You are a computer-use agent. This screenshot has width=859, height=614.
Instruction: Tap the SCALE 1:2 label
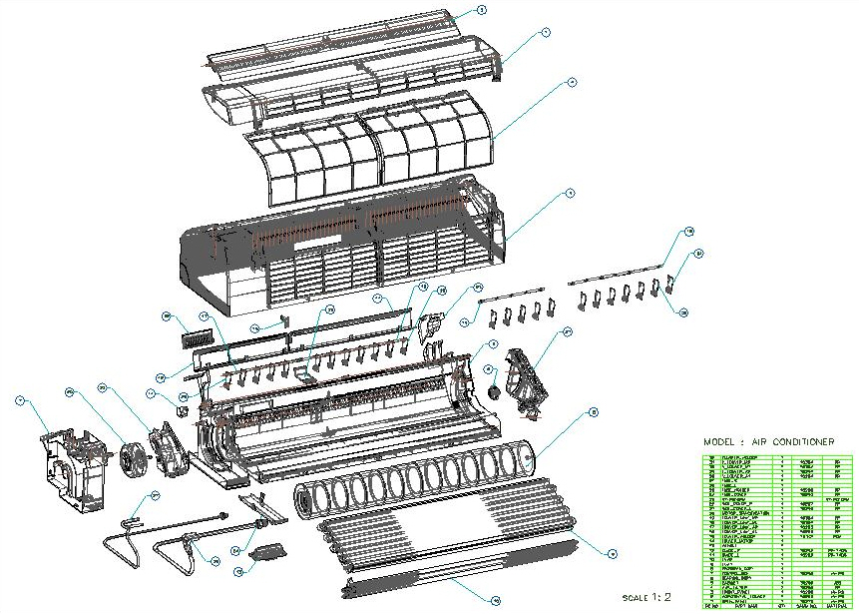pos(647,596)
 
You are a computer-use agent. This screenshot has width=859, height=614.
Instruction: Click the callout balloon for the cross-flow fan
pos(593,410)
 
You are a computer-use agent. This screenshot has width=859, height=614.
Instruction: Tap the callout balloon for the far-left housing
pos(19,400)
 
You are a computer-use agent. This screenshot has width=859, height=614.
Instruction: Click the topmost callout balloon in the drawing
pos(482,9)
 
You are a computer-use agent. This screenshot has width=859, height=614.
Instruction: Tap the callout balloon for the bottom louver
pos(495,599)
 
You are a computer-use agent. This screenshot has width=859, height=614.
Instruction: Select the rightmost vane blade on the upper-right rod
pos(669,292)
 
